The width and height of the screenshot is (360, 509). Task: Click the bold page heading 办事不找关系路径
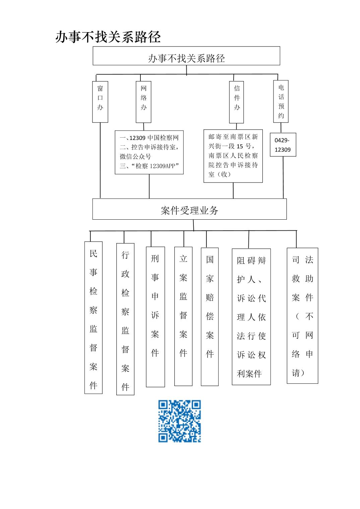(x=108, y=37)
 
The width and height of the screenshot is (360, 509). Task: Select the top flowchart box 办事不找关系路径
(x=186, y=56)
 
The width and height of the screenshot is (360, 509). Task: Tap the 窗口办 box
(x=100, y=102)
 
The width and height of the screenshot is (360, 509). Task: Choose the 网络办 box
(x=143, y=102)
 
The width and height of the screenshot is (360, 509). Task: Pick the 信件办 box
(x=237, y=102)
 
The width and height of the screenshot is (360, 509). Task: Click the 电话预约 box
(x=281, y=101)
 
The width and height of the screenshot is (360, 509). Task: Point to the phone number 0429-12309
(x=283, y=145)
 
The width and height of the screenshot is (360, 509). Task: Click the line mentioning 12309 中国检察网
(x=149, y=138)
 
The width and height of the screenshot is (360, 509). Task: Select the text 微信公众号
(x=135, y=156)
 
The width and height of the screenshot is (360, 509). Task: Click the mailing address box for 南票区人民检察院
(x=233, y=156)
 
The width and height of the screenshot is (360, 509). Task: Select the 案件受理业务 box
(x=189, y=209)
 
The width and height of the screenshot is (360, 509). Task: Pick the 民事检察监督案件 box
(x=94, y=318)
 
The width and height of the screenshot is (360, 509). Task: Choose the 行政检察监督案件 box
(x=125, y=319)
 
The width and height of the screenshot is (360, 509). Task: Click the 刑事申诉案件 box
(x=155, y=317)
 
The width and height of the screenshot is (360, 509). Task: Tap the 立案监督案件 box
(x=183, y=316)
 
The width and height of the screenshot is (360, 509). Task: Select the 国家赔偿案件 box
(x=210, y=317)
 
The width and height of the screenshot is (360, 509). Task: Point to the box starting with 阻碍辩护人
(x=251, y=317)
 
